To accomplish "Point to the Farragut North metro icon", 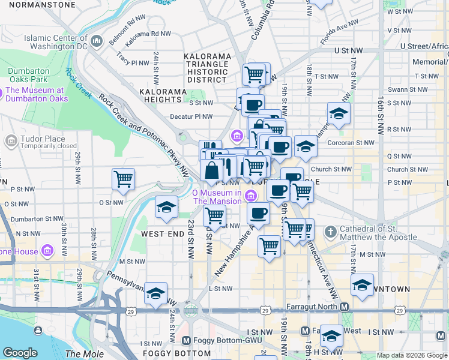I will pyautogui.click(x=345, y=307).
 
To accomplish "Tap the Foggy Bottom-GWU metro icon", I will pyautogui.click(x=186, y=340).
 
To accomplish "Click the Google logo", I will pyautogui.click(x=20, y=353).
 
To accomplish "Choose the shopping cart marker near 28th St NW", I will pyautogui.click(x=123, y=178).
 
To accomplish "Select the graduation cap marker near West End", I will pyautogui.click(x=166, y=206).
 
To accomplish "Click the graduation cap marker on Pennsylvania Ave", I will pyautogui.click(x=155, y=293).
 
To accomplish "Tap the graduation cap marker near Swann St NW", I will pyautogui.click(x=339, y=113).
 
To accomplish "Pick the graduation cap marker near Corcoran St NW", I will pyautogui.click(x=306, y=146).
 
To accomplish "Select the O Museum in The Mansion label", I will pyautogui.click(x=217, y=197).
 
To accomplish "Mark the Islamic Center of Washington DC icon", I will pyautogui.click(x=97, y=41).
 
